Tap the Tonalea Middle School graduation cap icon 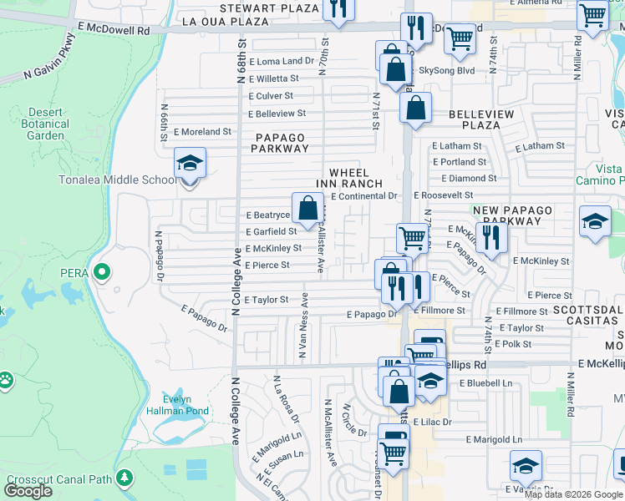tap(190, 163)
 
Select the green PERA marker tap(102, 271)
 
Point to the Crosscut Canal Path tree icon tap(124, 478)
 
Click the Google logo tap(28, 491)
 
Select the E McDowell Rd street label tap(113, 28)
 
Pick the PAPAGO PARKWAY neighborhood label tap(282, 143)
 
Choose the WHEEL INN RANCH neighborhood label tap(348, 178)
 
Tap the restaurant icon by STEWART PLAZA tap(338, 8)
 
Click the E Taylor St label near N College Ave tap(266, 299)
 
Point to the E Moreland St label tap(203, 131)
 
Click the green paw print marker tap(6, 381)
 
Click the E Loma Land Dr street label tap(281, 61)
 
